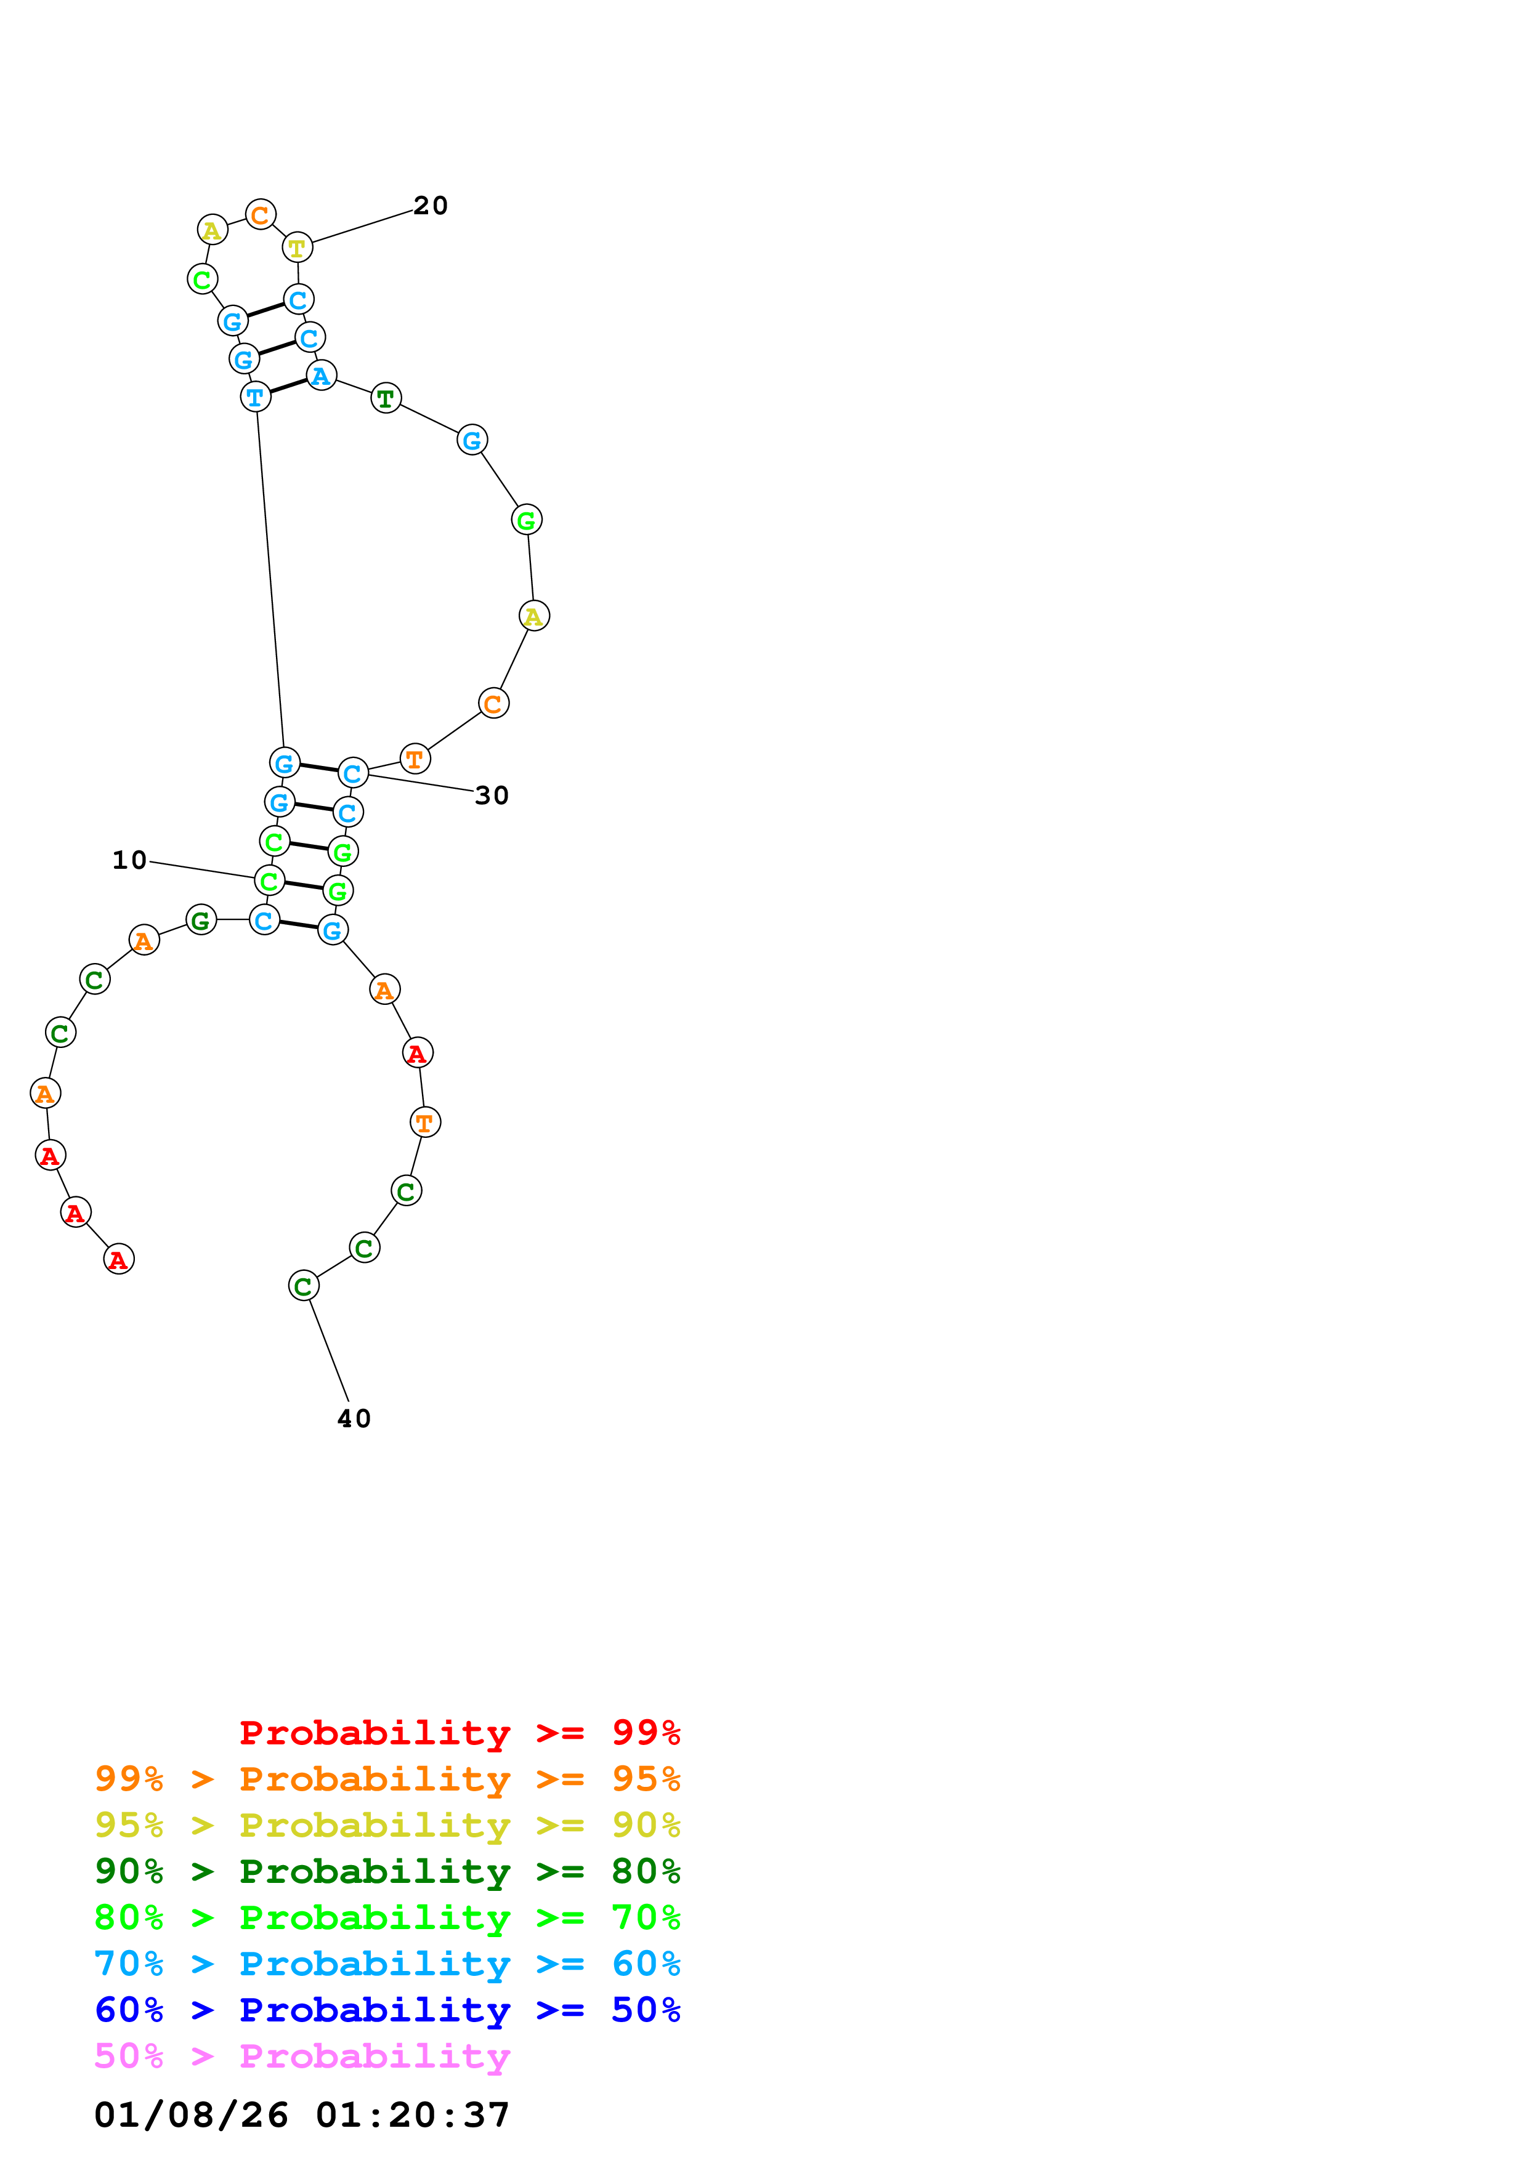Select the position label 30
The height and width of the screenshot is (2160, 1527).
point(491,796)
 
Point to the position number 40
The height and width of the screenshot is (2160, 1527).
point(354,1419)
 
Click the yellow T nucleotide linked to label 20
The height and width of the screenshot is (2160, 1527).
point(298,248)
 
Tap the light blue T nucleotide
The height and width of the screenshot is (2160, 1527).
point(255,397)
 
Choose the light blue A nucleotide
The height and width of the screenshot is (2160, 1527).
point(321,376)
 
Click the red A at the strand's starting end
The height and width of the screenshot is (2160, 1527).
point(118,1259)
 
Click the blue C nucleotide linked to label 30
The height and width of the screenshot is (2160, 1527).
point(353,773)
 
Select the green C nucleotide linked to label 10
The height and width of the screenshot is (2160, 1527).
point(270,881)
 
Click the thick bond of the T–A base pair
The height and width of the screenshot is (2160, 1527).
point(288,387)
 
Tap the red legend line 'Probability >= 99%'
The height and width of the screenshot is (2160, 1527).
point(459,1733)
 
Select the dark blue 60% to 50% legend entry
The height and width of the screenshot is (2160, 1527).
point(387,2010)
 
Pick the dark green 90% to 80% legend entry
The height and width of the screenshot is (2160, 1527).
point(387,1871)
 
